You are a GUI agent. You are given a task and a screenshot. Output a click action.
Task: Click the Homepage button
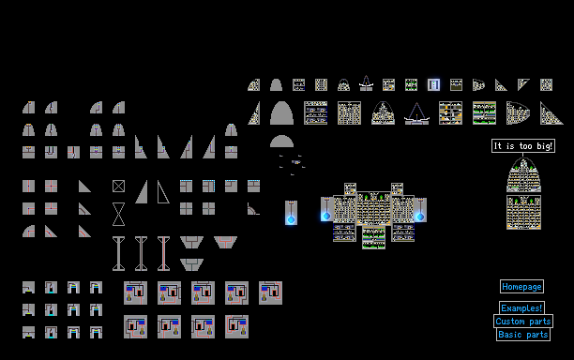pos(521,287)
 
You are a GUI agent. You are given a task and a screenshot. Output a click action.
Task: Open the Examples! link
pos(521,308)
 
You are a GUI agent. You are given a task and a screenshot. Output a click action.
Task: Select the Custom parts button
pos(523,322)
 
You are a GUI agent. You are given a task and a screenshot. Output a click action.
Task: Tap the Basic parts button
pos(523,335)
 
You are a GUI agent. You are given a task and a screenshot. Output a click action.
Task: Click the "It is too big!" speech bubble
pos(523,146)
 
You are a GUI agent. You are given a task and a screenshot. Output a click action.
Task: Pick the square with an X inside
pos(118,187)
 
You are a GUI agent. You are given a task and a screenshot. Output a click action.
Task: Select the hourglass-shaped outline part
pos(118,214)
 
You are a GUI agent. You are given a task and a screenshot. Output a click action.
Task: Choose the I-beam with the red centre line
pos(163,253)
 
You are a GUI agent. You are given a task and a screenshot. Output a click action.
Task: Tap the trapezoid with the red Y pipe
pos(225,242)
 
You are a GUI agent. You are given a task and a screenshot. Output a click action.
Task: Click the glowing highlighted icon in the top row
pos(434,85)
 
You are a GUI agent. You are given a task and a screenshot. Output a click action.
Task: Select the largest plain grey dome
pos(281,113)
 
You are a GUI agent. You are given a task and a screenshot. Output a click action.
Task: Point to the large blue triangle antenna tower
pos(416,113)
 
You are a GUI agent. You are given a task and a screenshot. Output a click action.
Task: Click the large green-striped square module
pos(484,113)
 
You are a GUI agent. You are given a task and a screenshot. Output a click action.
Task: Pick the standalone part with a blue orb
pos(291,213)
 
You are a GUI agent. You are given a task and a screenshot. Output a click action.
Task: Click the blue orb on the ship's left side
pos(326,216)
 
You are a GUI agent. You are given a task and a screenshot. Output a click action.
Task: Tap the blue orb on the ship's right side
pos(420,217)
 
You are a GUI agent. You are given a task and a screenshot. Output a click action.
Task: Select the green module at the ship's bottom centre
pos(374,237)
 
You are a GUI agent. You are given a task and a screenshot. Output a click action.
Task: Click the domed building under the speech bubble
pos(524,175)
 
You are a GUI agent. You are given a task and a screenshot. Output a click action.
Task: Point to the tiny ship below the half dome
pos(295,161)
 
